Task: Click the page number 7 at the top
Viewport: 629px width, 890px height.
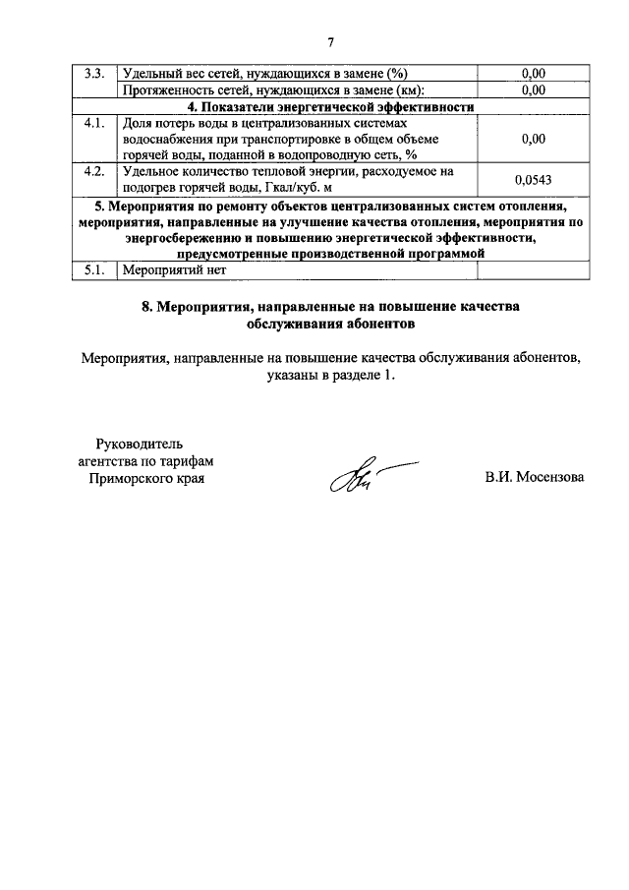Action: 331,41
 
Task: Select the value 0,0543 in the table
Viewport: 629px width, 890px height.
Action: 534,179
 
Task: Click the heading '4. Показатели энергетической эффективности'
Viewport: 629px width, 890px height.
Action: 331,107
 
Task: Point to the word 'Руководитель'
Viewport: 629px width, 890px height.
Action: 140,443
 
